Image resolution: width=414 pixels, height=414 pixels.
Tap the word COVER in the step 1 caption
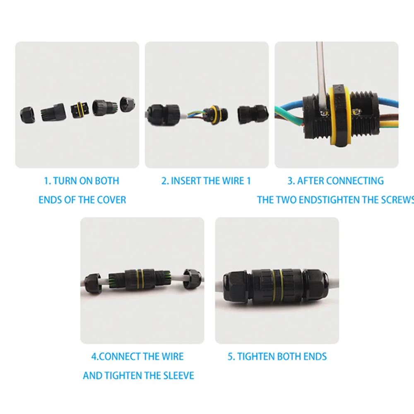111,200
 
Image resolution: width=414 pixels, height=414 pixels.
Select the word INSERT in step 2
186,181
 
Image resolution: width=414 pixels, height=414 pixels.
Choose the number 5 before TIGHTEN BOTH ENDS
231,356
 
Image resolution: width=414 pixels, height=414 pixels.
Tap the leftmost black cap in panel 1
28,113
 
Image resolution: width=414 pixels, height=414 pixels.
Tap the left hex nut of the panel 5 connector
235,286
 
